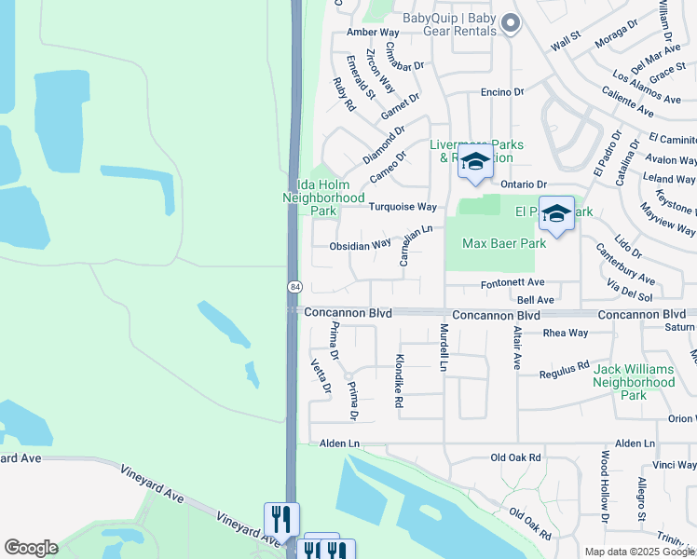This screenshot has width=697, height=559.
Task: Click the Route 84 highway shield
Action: click(x=294, y=286)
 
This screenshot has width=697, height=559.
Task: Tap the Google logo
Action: click(x=31, y=548)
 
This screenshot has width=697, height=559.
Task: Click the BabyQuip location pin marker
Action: click(x=510, y=22)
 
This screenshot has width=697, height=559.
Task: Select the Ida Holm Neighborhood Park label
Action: click(x=323, y=198)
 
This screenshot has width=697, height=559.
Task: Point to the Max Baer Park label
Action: click(x=504, y=243)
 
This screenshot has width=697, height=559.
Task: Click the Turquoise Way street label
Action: click(x=403, y=207)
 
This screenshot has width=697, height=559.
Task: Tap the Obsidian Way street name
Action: click(x=360, y=246)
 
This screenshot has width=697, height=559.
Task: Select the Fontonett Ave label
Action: click(x=512, y=282)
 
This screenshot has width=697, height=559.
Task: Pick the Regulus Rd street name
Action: click(x=565, y=372)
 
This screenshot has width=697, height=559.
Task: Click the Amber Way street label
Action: click(x=365, y=32)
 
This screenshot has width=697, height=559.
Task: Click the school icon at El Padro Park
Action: click(x=556, y=214)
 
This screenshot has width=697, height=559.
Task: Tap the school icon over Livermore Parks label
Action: click(x=475, y=161)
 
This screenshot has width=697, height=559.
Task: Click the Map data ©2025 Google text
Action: click(x=639, y=552)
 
